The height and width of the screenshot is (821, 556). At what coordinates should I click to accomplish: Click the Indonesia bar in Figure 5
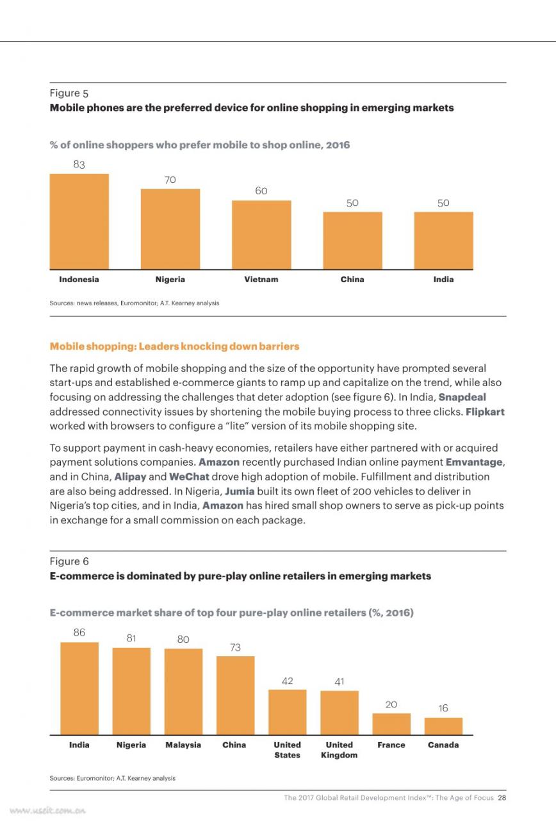[x=79, y=221]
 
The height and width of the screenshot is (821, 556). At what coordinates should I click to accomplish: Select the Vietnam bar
[x=261, y=235]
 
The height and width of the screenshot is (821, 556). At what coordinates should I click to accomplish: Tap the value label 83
[x=79, y=165]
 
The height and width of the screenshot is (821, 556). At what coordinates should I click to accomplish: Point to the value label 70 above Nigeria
[x=170, y=180]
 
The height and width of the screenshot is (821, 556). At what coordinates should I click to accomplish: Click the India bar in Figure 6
[x=79, y=688]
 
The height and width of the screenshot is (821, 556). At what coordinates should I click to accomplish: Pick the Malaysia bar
[x=183, y=691]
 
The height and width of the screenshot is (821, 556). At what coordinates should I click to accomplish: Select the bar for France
[x=391, y=724]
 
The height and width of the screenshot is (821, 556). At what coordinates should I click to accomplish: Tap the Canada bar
[x=443, y=726]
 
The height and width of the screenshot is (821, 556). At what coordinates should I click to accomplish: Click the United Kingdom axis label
[x=339, y=750]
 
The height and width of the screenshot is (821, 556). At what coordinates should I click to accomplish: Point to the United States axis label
[x=288, y=750]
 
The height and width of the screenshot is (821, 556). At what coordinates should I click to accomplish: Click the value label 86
[x=79, y=632]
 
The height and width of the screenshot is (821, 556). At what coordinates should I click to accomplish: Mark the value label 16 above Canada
[x=443, y=708]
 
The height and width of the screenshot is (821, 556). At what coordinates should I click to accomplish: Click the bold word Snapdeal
[x=462, y=397]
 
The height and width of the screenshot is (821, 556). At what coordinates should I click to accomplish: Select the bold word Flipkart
[x=485, y=412]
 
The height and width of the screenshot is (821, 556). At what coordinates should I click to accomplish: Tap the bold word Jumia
[x=240, y=491]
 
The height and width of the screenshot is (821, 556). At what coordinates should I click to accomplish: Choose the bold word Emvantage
[x=474, y=462]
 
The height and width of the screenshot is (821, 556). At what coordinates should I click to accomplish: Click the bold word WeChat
[x=189, y=477]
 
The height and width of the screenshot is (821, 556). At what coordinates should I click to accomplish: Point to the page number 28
[x=502, y=797]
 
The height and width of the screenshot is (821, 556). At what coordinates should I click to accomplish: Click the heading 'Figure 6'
[x=69, y=561]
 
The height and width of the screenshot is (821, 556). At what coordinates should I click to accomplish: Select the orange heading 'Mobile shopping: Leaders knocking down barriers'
[x=175, y=346]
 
